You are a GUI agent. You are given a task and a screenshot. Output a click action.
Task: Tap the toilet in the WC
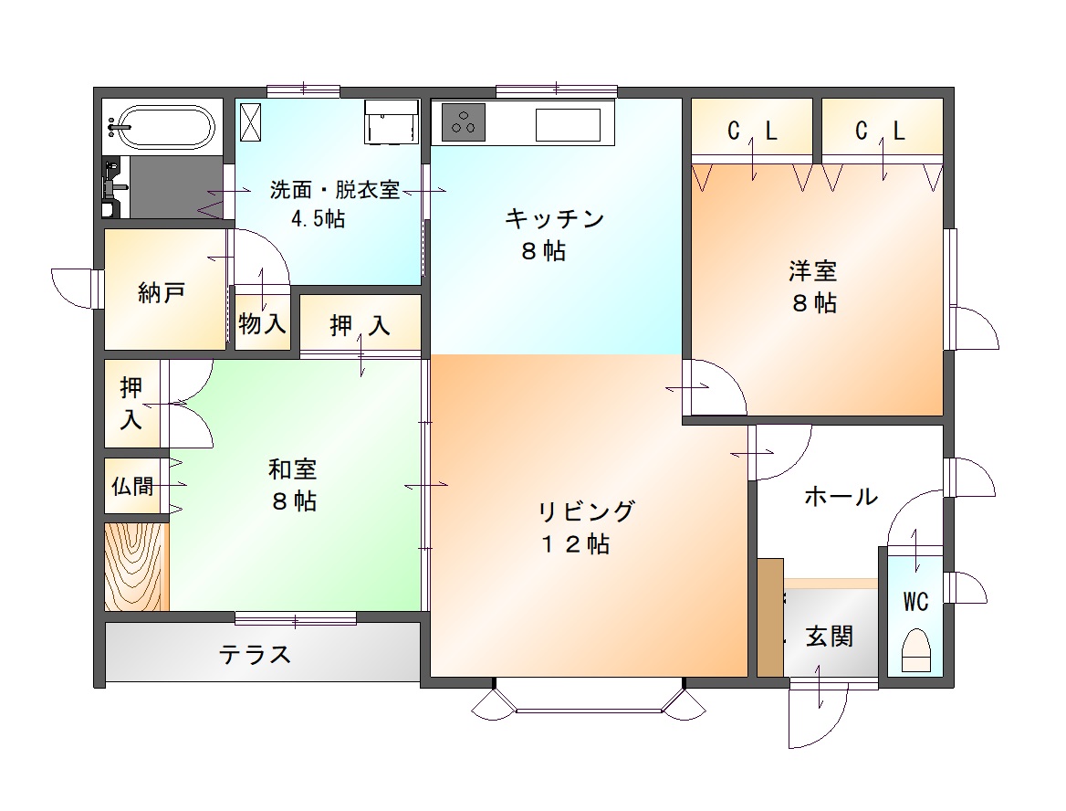pos(915,651)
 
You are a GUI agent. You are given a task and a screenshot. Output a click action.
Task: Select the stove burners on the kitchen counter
pos(464,122)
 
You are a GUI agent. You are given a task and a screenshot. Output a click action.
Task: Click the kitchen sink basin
pos(568,124)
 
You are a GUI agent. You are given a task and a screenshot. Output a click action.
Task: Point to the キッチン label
pos(555,219)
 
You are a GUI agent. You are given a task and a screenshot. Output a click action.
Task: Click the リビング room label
pos(586,511)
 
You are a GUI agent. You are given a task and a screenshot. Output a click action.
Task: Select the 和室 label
pos(292,469)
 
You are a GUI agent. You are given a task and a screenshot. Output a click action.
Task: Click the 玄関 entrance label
pos(829,637)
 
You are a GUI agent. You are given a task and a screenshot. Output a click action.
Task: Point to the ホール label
pos(841,496)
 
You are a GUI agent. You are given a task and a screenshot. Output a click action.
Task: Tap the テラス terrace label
pos(255,655)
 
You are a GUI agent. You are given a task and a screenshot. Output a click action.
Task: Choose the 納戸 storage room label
pos(162,292)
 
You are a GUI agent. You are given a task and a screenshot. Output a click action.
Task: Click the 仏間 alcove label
pos(132,486)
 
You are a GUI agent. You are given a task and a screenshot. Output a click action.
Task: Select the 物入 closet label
pos(263,323)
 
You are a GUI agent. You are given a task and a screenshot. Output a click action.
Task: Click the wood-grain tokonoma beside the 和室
pos(136,566)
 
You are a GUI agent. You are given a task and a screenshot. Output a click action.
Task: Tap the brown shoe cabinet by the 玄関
pos(770,617)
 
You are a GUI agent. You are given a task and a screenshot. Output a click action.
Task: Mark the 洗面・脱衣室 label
pos(334,189)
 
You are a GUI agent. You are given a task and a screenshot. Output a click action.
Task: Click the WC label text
pos(915,602)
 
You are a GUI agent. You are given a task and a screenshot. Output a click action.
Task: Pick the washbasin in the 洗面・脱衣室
pos(391,121)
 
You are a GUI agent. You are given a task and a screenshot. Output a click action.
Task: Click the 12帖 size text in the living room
pos(575,544)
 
